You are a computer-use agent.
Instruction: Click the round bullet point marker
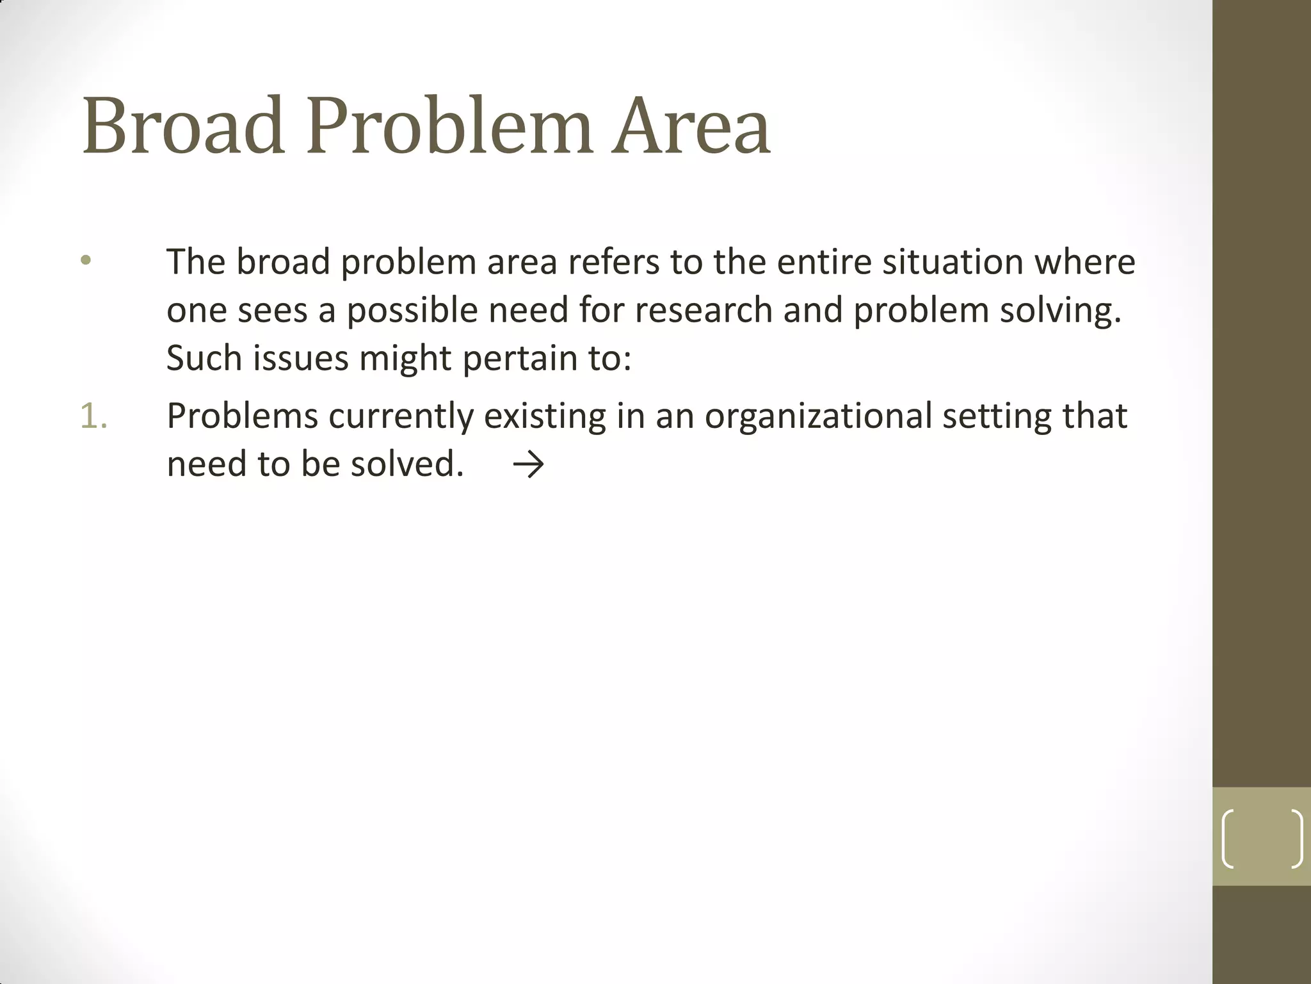click(x=86, y=261)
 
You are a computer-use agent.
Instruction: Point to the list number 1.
click(x=93, y=416)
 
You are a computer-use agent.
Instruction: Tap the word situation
click(x=953, y=262)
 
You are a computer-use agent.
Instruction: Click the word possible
click(x=412, y=310)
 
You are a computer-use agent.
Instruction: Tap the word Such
click(x=204, y=358)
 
